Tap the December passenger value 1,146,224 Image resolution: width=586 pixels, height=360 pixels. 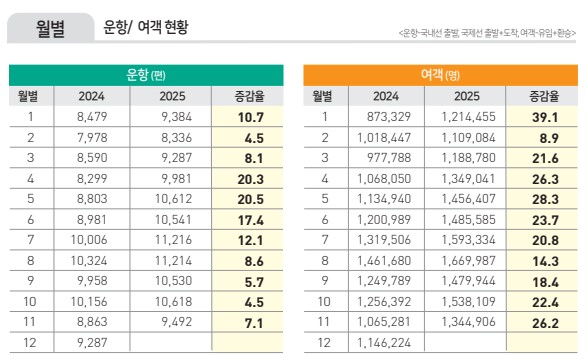click(x=385, y=341)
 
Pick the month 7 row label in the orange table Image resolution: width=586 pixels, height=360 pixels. click(x=323, y=239)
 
